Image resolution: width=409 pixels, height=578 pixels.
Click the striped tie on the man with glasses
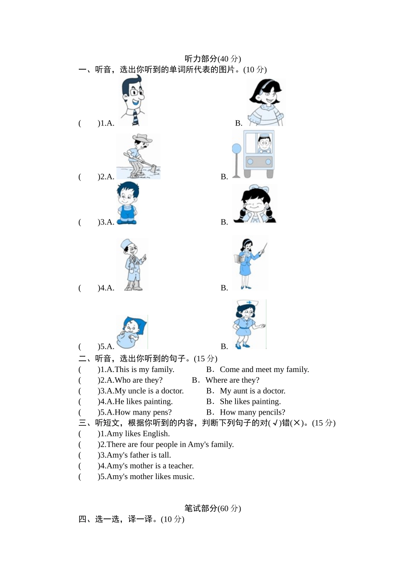tap(135, 118)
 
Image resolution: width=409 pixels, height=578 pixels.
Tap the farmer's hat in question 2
tap(142, 138)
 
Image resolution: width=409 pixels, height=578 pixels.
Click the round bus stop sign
tap(236, 149)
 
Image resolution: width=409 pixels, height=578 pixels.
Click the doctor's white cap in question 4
tap(127, 243)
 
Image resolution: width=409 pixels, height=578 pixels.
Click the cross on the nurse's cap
tap(249, 302)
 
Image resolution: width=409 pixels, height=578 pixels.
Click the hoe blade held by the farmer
tap(152, 169)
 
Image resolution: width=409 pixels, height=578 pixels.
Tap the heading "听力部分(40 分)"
tap(213, 59)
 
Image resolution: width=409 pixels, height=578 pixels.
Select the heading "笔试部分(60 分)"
tap(213, 508)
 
